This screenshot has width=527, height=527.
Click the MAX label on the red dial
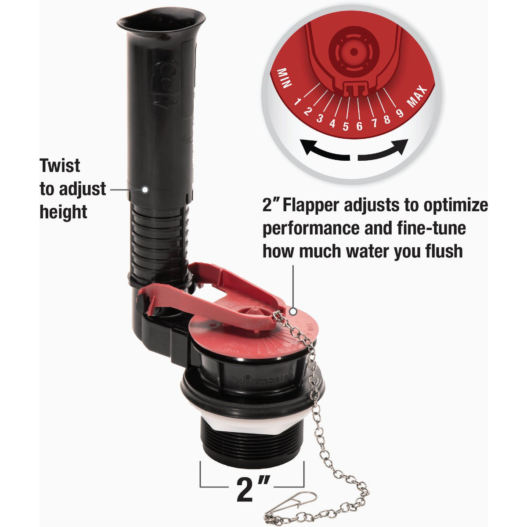pos(417,97)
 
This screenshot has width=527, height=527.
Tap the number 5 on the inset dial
pos(346,126)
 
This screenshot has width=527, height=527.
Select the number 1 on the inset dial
pos(298,102)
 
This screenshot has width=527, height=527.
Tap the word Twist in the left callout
pos(60,166)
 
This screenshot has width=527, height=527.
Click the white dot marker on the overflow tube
pos(144,189)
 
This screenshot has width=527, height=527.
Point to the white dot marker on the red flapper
pos(292,311)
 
